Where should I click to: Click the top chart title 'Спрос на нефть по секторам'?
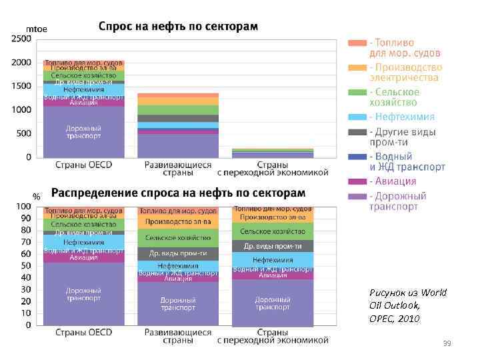(x=177, y=27)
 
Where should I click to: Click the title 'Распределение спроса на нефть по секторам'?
(x=178, y=193)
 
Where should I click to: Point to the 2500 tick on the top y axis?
(x=21, y=39)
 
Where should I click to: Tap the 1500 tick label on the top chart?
(x=21, y=86)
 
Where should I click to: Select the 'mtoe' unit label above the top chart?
(x=35, y=30)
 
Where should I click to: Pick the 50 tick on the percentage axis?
(x=25, y=265)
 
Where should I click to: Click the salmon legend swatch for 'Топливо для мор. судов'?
(x=357, y=43)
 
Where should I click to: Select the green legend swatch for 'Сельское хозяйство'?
(x=357, y=91)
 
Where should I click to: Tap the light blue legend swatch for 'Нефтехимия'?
(x=357, y=116)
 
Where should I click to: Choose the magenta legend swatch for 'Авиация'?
(x=357, y=181)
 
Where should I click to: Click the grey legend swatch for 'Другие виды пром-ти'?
(x=357, y=131)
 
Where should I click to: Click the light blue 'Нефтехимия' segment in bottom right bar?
(x=273, y=259)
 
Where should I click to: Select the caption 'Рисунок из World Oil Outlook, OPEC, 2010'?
(x=398, y=305)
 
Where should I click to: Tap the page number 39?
(x=447, y=343)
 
